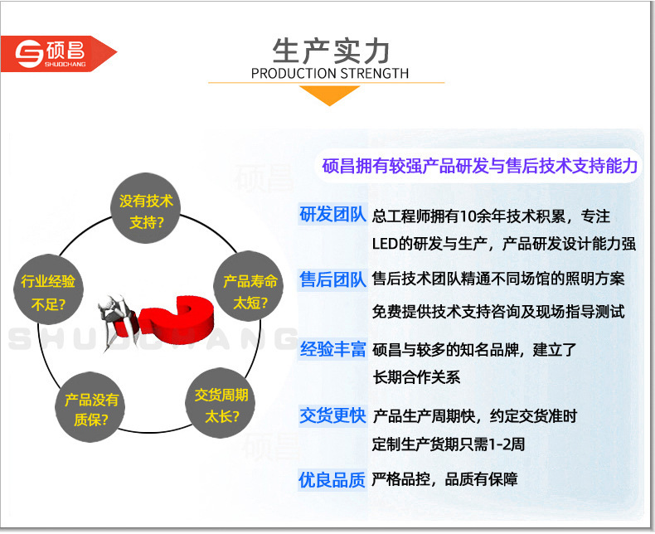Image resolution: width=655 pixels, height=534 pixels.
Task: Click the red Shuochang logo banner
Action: (58, 54)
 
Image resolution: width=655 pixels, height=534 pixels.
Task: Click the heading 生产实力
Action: (331, 51)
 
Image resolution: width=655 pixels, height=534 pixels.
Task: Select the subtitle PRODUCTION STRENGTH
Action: (330, 74)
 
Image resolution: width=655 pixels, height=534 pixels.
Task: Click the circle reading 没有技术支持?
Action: (145, 208)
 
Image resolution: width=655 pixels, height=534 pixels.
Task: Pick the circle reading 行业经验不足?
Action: (48, 289)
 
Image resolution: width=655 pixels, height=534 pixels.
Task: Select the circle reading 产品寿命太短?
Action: (249, 287)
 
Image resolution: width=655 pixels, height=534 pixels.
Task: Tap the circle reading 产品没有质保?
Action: (90, 407)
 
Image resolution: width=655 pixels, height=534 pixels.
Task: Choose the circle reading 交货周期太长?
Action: (221, 403)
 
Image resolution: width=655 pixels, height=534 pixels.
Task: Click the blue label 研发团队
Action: (332, 215)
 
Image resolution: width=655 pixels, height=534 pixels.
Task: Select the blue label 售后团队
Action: (332, 279)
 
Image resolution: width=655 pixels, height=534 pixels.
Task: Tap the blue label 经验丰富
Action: (332, 349)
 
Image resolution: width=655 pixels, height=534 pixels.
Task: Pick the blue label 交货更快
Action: (332, 415)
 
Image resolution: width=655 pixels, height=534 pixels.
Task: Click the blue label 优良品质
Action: (332, 479)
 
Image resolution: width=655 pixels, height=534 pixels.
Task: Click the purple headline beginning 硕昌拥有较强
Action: (479, 166)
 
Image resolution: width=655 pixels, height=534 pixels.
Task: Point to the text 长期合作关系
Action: (416, 377)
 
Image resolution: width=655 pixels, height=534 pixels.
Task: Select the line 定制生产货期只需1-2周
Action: (449, 444)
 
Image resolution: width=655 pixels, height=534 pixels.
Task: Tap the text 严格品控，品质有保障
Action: (444, 479)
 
